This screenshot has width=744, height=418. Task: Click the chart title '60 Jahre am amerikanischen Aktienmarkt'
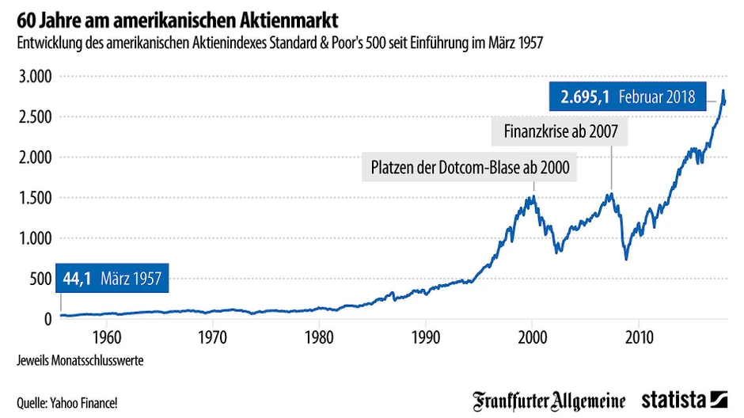coord(168,17)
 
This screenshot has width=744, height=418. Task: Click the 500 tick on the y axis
coord(40,279)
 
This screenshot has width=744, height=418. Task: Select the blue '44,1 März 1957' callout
coord(112,278)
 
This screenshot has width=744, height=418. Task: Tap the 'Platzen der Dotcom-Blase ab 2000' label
coord(470,168)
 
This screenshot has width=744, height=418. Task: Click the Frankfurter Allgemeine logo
coord(549,400)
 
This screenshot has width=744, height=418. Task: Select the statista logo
coord(685,400)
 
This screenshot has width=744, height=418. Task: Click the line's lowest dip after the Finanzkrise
coord(626,259)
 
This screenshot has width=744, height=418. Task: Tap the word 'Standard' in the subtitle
coord(296,42)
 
